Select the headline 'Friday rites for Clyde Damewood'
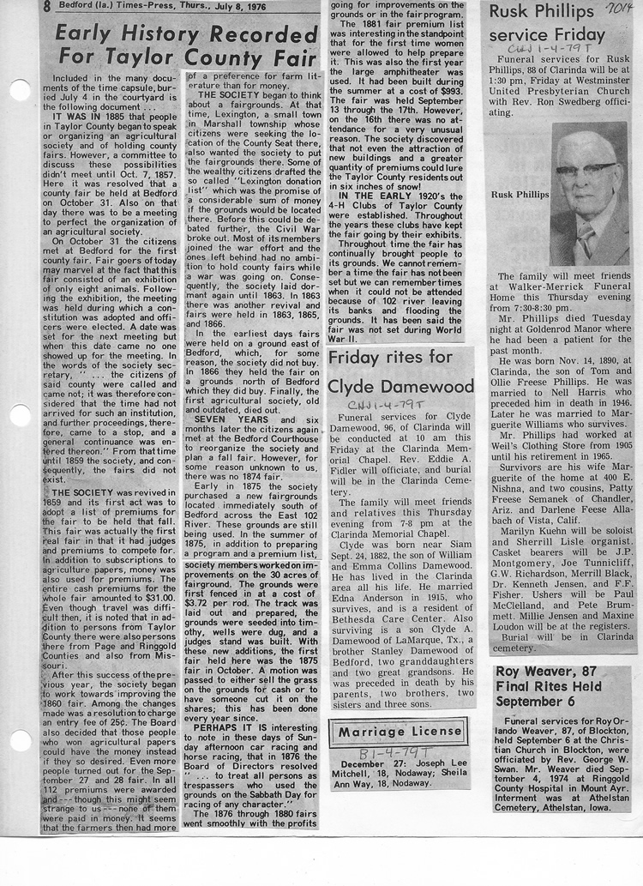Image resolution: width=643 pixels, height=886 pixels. (x=400, y=371)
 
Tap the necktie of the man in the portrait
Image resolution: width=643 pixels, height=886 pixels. (x=585, y=238)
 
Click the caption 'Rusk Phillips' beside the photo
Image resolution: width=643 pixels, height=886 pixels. (x=521, y=195)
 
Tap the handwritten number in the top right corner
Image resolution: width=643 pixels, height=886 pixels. (x=613, y=10)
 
